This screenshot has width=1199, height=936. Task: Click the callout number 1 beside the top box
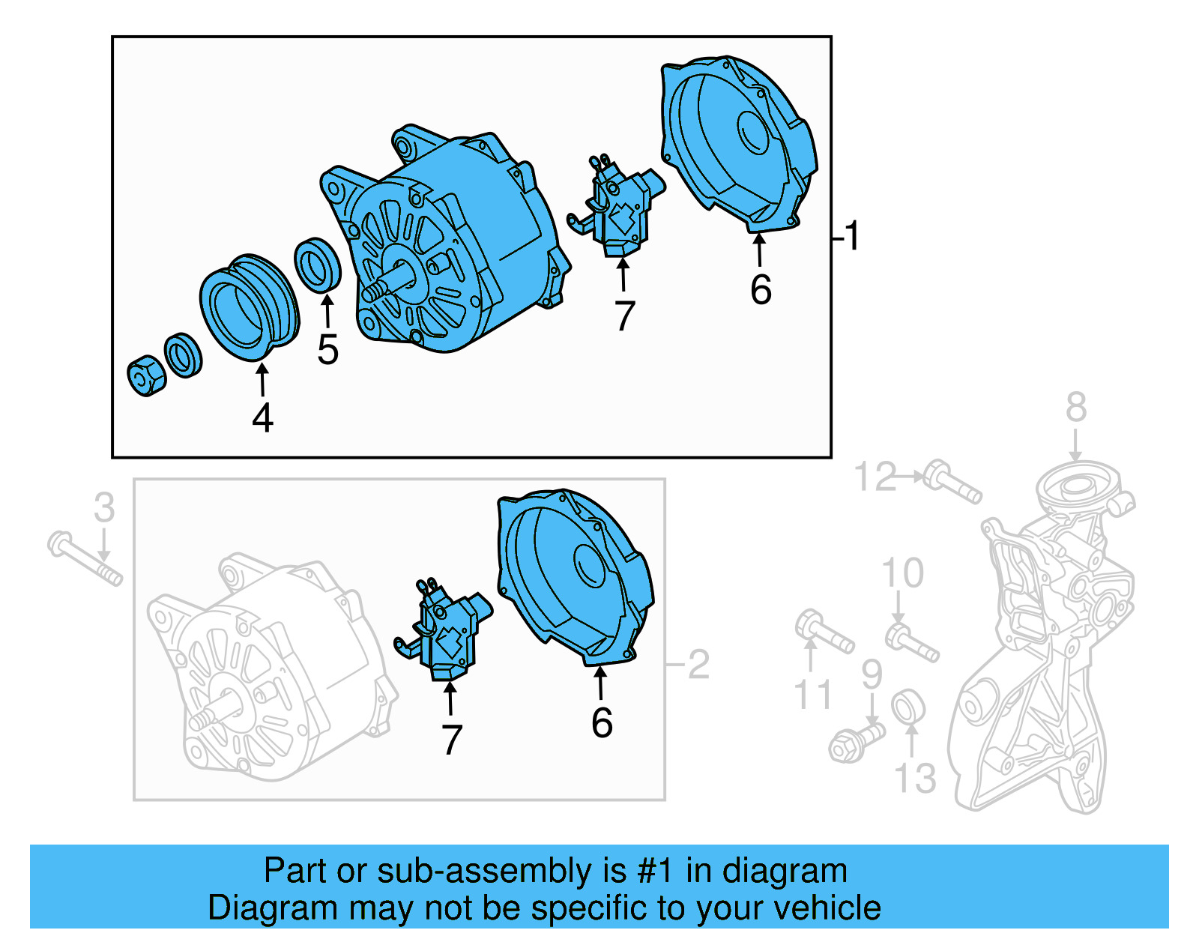click(x=852, y=236)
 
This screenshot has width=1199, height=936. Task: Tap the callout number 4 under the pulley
click(x=262, y=418)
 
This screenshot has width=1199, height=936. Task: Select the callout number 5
click(x=327, y=350)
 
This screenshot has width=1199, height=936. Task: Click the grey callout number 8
click(x=1076, y=408)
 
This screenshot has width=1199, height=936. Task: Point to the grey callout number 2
click(x=698, y=665)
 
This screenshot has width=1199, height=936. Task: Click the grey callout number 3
click(x=104, y=508)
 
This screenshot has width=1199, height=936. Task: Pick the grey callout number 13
click(x=915, y=779)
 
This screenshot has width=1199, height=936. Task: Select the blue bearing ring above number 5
click(x=318, y=264)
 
